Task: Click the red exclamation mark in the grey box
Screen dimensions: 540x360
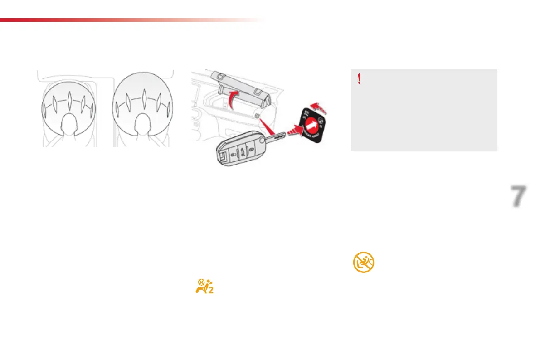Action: (359, 79)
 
